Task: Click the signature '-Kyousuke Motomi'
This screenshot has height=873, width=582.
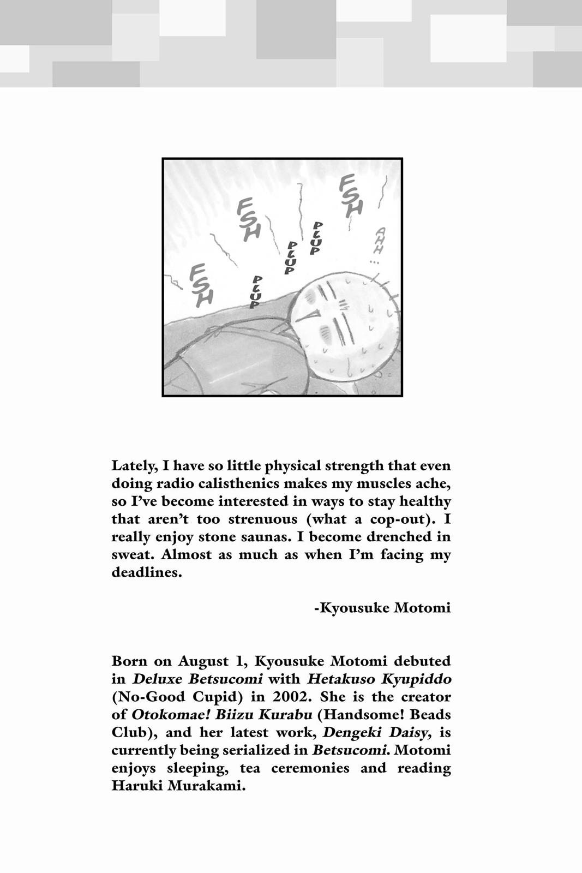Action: [382, 608]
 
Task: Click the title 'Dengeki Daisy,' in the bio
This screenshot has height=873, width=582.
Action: [392, 733]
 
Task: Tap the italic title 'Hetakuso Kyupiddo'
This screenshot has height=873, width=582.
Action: [379, 679]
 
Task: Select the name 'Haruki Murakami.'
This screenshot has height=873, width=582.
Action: [179, 786]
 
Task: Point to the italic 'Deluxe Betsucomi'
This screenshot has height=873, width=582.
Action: [197, 679]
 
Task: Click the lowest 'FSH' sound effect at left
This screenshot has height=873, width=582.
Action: [201, 284]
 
